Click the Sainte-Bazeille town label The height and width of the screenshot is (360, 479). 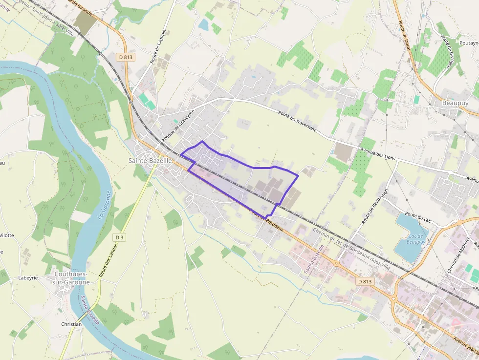pyautogui.click(x=150, y=160)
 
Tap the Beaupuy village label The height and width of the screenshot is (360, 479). pyautogui.click(x=455, y=103)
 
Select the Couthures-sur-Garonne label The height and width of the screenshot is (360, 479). pyautogui.click(x=71, y=278)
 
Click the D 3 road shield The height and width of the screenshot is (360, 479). pyautogui.click(x=119, y=237)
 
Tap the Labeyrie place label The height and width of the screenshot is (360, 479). pyautogui.click(x=28, y=278)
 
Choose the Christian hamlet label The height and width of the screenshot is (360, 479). pyautogui.click(x=71, y=324)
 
